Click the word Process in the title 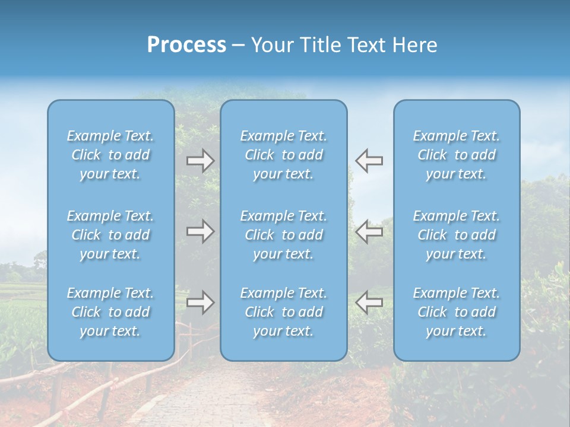click(186, 45)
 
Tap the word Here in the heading click(415, 45)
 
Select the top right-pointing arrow click(201, 161)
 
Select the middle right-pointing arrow click(201, 231)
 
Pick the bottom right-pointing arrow click(201, 302)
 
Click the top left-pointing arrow click(369, 161)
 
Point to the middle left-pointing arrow click(369, 231)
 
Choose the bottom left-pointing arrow click(369, 302)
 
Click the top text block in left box click(110, 155)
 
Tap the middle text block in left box click(110, 235)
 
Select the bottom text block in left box click(110, 312)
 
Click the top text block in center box click(284, 155)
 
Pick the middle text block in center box click(284, 235)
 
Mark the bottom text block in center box click(284, 312)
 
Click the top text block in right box click(457, 155)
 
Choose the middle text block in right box click(457, 235)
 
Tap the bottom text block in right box click(457, 312)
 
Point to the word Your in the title click(271, 45)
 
